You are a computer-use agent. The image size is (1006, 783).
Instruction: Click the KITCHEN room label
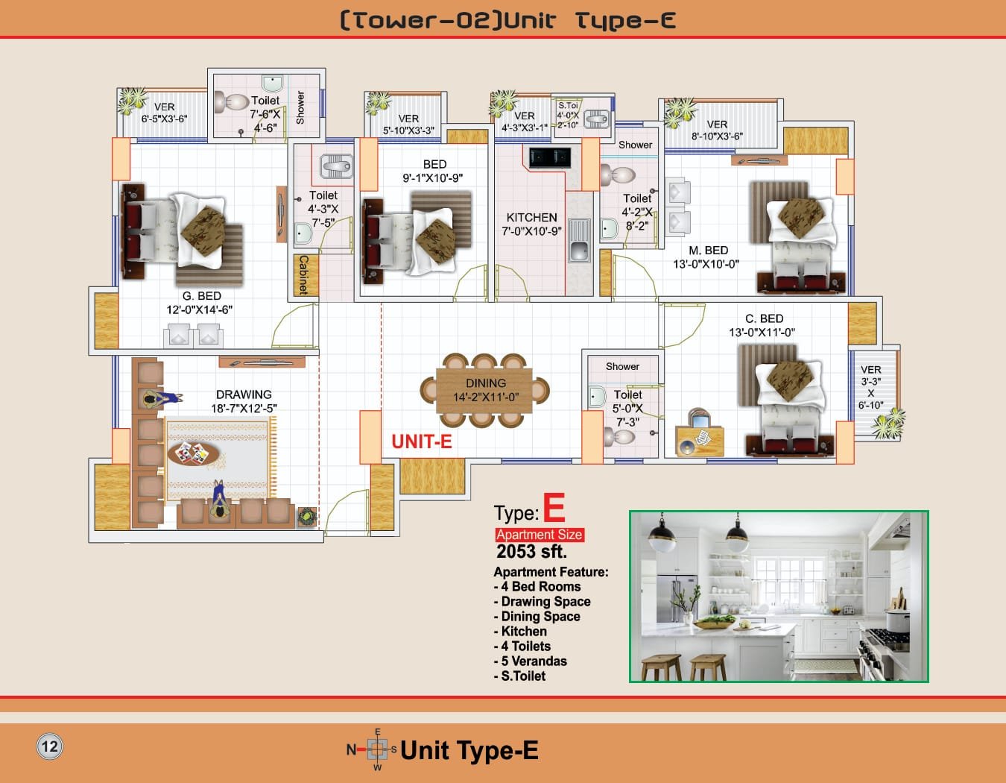(531, 217)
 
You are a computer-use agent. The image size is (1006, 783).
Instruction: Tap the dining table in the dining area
(484, 390)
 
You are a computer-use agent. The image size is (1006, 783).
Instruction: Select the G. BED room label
(201, 296)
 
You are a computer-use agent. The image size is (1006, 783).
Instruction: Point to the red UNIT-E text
(421, 441)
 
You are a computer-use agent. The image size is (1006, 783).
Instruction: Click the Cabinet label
(304, 274)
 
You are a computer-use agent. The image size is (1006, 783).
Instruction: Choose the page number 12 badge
(49, 746)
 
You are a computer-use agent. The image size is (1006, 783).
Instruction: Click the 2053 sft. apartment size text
(531, 551)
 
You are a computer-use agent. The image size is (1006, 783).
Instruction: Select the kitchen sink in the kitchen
(579, 240)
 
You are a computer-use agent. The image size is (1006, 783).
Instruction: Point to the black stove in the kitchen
(550, 157)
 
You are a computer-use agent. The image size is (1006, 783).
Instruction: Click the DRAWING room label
(244, 394)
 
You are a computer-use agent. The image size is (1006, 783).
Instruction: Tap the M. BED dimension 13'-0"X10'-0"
(706, 264)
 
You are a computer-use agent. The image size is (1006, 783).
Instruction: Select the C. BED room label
(764, 318)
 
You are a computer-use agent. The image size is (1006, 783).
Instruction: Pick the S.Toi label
(568, 106)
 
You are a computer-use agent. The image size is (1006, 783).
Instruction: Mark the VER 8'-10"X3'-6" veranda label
(717, 130)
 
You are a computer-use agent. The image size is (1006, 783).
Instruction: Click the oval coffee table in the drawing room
(194, 453)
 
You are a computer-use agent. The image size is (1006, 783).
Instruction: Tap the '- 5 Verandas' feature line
(531, 661)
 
